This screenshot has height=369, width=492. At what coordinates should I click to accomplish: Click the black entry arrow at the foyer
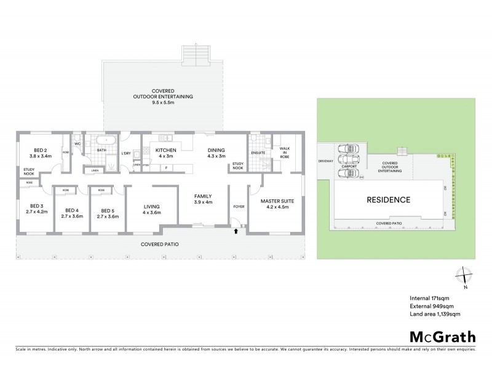(236, 232)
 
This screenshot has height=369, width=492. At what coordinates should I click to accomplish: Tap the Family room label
(203, 199)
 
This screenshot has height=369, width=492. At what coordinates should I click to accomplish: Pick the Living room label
(151, 209)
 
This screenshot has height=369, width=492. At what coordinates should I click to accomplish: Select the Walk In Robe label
(285, 152)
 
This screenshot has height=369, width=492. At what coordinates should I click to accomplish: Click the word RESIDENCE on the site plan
(388, 200)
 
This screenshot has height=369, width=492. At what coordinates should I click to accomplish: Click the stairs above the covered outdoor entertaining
(197, 55)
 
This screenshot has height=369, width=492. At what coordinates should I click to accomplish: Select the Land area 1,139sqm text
(435, 314)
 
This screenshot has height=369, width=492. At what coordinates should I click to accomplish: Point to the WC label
(77, 144)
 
